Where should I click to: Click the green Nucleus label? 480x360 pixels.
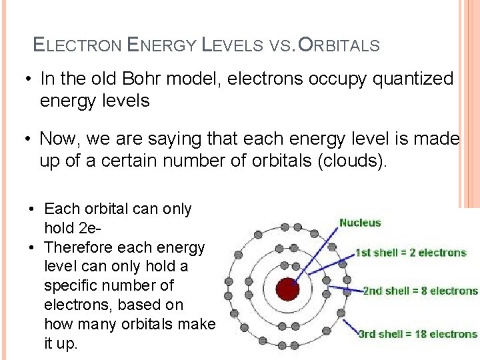[360, 223]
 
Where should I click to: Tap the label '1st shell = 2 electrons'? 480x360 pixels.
[411, 253]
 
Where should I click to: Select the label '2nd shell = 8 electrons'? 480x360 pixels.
[420, 291]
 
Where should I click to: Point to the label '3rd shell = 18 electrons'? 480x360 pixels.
[418, 334]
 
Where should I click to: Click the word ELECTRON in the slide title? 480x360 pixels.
[77, 46]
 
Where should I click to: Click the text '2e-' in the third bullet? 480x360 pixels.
[89, 228]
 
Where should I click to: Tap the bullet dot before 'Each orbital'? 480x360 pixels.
[32, 209]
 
